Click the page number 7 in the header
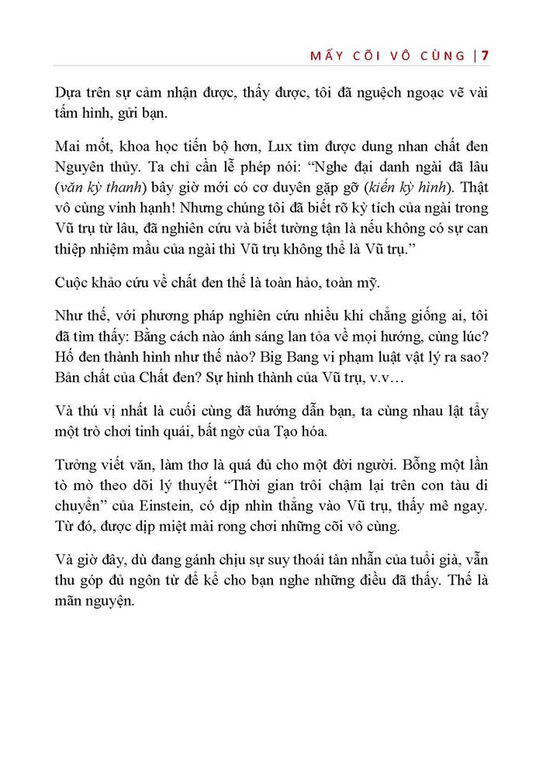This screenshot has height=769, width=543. pos(485,55)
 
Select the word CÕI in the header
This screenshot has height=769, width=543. pos(374,56)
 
